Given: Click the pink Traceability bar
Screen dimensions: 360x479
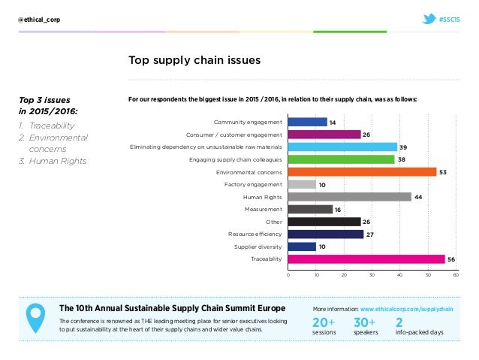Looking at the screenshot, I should [x=366, y=259].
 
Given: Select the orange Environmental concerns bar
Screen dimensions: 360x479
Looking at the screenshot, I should [x=362, y=171].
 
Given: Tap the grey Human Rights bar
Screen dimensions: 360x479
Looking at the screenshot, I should [x=349, y=197].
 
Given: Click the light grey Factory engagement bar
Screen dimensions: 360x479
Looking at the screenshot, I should [x=302, y=184].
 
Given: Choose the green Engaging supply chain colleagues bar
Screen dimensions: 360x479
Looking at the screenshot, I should [x=341, y=159].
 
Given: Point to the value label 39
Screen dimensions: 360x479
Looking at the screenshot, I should [x=403, y=147].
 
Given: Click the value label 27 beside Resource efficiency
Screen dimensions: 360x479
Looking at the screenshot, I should [x=369, y=234].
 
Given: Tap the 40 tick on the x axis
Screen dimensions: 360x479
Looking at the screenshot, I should [x=400, y=275].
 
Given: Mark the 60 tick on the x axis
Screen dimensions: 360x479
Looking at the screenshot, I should [x=456, y=275].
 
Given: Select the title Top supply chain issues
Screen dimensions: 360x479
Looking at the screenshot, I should [x=194, y=59].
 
